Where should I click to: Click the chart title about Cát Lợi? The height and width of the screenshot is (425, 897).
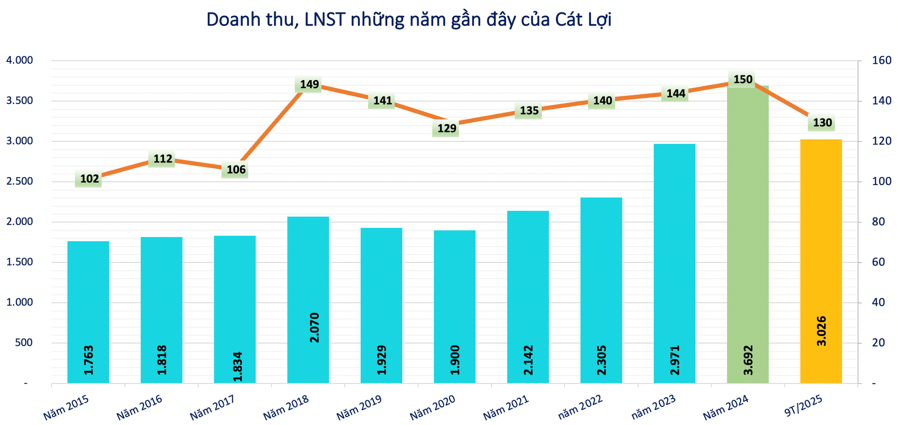coord(409,20)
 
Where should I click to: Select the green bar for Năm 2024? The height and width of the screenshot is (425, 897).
coord(747,233)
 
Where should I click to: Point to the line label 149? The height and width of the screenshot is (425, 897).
coord(309,84)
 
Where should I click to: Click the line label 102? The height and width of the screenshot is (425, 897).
coord(89,179)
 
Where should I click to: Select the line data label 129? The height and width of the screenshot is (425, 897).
coord(447,128)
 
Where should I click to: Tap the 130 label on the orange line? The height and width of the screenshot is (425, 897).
coord(822,123)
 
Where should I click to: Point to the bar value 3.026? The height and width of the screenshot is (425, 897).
coord(821,331)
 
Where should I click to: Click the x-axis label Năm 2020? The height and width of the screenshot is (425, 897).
coord(432,407)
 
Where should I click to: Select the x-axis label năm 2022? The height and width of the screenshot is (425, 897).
coord(580,407)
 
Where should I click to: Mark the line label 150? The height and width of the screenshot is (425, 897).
coord(743,79)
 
